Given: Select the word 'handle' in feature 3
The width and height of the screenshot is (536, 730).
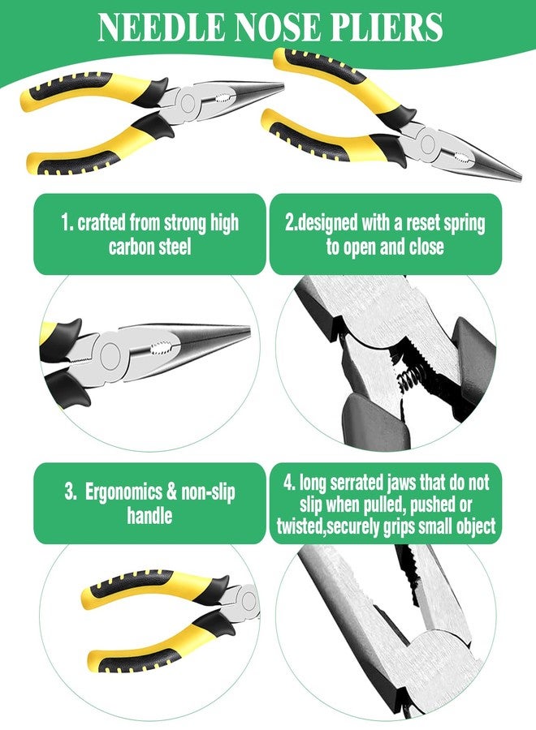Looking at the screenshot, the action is point(149,515).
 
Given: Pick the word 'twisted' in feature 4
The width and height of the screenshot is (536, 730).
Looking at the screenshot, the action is point(296,526).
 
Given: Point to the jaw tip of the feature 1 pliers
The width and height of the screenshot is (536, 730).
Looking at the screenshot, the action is point(249,332).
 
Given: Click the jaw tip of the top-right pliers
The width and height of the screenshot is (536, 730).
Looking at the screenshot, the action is point(520,178).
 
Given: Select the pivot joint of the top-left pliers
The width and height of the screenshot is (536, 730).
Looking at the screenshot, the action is point(188,103).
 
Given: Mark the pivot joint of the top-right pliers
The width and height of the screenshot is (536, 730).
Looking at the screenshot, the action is point(427,143).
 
